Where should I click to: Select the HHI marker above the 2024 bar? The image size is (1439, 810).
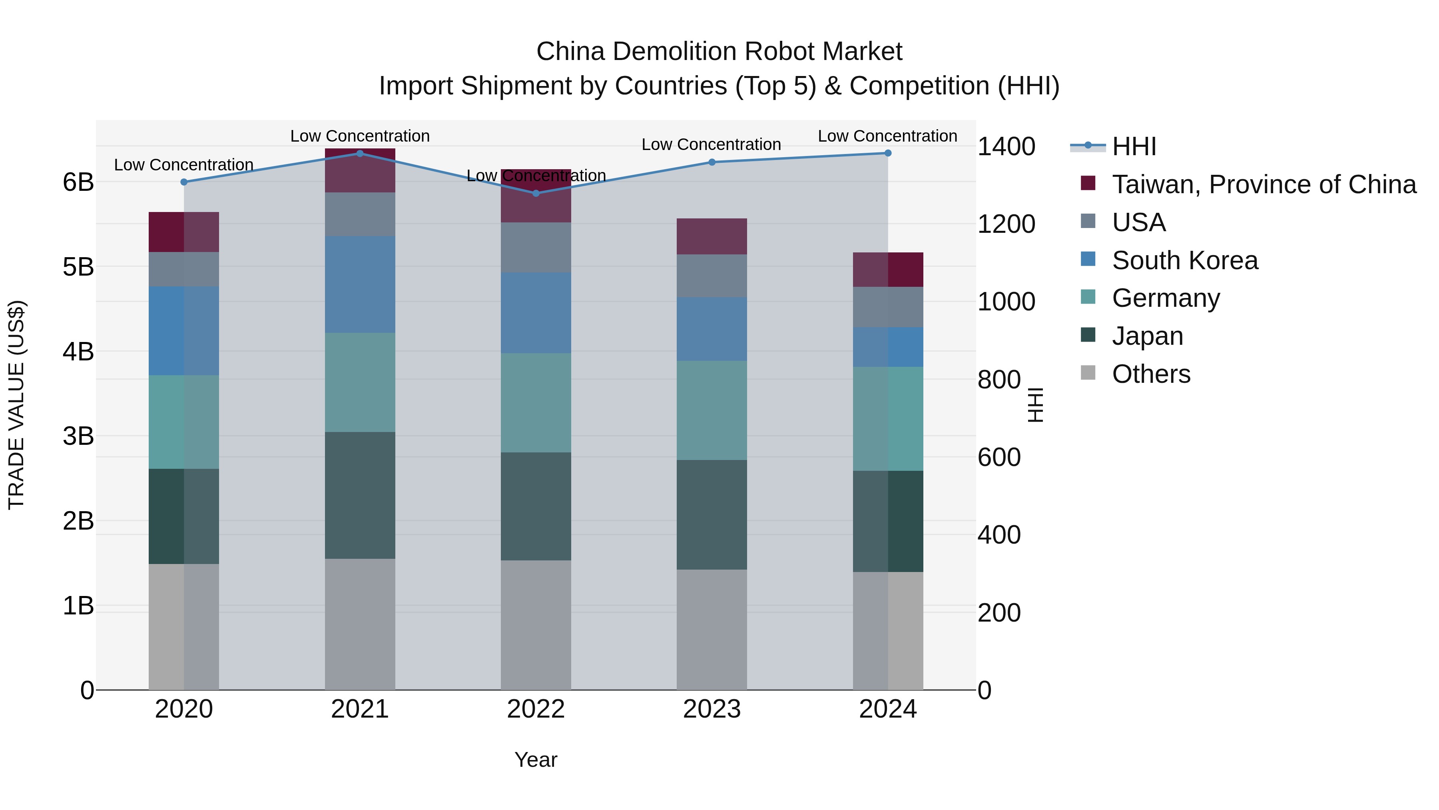pyautogui.click(x=888, y=153)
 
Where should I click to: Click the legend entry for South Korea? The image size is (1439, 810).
pyautogui.click(x=1184, y=260)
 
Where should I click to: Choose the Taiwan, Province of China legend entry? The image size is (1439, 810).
pyautogui.click(x=1264, y=184)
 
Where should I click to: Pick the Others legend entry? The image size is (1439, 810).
pyautogui.click(x=1151, y=374)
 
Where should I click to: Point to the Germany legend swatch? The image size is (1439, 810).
pyautogui.click(x=1088, y=297)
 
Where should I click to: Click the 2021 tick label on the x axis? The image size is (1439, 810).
pyautogui.click(x=360, y=709)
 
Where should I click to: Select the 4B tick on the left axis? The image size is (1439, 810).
pyautogui.click(x=78, y=352)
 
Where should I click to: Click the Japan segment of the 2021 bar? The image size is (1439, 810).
pyautogui.click(x=360, y=495)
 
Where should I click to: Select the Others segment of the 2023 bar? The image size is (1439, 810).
pyautogui.click(x=712, y=630)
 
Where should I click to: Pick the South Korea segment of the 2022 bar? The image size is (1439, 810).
pyautogui.click(x=536, y=313)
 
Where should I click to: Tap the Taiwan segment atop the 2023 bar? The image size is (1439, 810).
pyautogui.click(x=712, y=236)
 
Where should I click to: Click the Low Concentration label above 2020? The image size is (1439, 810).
pyautogui.click(x=184, y=165)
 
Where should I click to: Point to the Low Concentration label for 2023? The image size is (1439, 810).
pyautogui.click(x=711, y=144)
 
